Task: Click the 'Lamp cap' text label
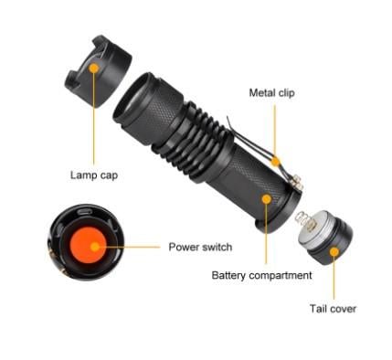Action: pos(94,175)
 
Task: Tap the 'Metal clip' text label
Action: pos(272,92)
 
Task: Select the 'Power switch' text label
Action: pos(200,247)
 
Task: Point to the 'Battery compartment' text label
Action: pos(261,275)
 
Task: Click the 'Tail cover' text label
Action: pos(333,309)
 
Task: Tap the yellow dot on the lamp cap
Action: pos(94,68)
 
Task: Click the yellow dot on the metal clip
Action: pos(276,161)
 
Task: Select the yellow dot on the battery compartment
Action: pos(267,199)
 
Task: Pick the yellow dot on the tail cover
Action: pos(334,252)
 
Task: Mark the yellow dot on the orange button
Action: pos(95,247)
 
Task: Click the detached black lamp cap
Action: pos(98,71)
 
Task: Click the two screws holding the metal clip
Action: pos(298,183)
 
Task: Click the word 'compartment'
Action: pos(281,276)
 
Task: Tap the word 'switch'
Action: pos(217,247)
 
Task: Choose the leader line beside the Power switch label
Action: pos(129,247)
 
